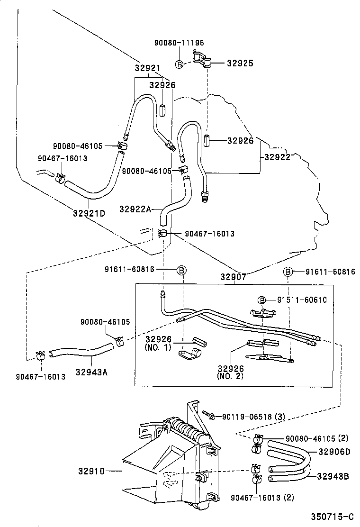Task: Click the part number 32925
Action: click(x=240, y=63)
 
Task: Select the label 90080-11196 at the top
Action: click(x=179, y=43)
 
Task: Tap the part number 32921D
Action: click(x=89, y=213)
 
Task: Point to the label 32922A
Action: click(x=135, y=209)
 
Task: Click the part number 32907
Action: click(x=233, y=276)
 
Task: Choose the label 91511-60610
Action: click(x=302, y=300)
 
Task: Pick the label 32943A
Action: click(x=91, y=372)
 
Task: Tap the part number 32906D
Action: click(x=334, y=452)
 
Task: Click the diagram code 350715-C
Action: click(x=332, y=516)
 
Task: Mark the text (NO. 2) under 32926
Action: click(x=230, y=377)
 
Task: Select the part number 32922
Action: click(x=277, y=157)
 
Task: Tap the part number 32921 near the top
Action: click(x=148, y=68)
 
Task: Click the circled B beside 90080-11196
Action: click(x=180, y=64)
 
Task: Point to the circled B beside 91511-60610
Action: click(x=261, y=300)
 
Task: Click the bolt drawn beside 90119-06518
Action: click(x=207, y=415)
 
